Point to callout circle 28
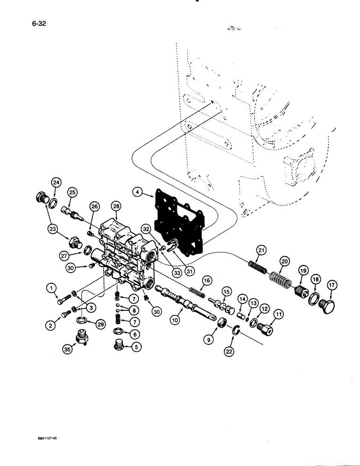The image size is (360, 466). (x=116, y=205)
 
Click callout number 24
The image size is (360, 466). (x=55, y=182)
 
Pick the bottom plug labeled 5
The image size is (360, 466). (x=120, y=346)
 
